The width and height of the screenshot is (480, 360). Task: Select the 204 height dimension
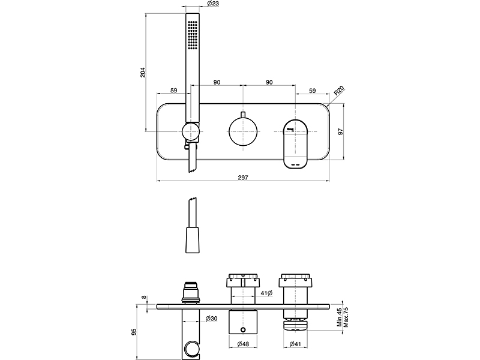142,72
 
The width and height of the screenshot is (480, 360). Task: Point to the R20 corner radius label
339,91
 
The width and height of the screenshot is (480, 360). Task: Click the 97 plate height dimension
340,133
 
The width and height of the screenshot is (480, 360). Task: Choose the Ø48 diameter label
244,344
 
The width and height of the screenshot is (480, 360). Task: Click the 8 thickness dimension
142,297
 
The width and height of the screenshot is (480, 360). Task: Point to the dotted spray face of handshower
191,36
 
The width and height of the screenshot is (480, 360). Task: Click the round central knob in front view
243,131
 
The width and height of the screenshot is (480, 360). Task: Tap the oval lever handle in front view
296,142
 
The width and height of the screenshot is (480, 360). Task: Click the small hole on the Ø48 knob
243,329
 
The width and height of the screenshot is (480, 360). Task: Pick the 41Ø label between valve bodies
268,293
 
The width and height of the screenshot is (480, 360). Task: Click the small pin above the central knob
243,114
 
